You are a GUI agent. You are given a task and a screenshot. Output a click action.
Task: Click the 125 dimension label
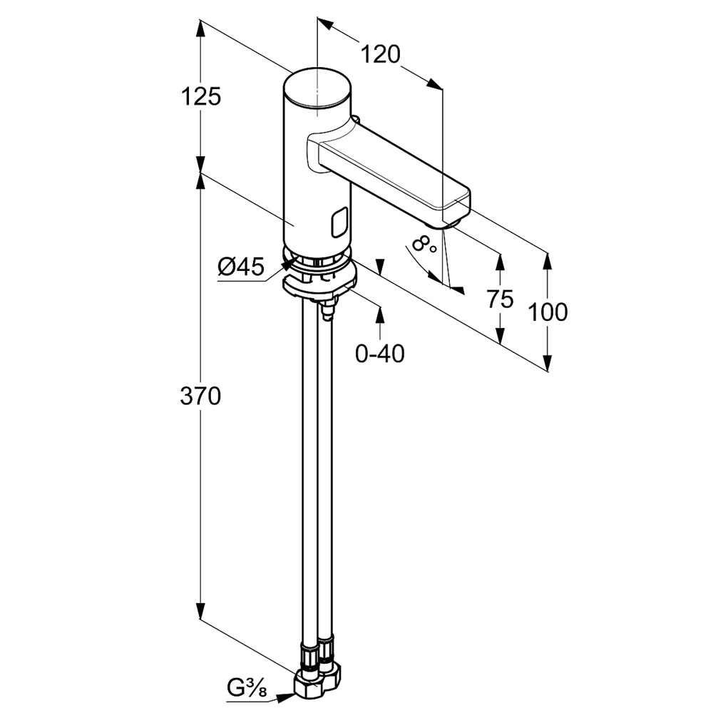[x=200, y=96]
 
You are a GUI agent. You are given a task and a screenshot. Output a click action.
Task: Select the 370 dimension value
[x=200, y=396]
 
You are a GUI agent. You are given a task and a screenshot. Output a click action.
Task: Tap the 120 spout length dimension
[x=379, y=54]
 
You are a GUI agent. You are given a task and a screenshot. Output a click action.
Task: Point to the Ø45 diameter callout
[x=241, y=267]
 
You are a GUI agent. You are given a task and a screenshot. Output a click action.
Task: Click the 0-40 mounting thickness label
[x=380, y=353]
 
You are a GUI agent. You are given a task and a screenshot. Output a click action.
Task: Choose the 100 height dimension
[x=548, y=312]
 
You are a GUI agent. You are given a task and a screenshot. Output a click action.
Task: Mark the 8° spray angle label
[x=425, y=245]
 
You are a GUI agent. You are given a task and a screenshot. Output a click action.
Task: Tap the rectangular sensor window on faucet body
[x=339, y=222]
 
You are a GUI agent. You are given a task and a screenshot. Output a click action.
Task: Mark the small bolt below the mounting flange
[x=328, y=312]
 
